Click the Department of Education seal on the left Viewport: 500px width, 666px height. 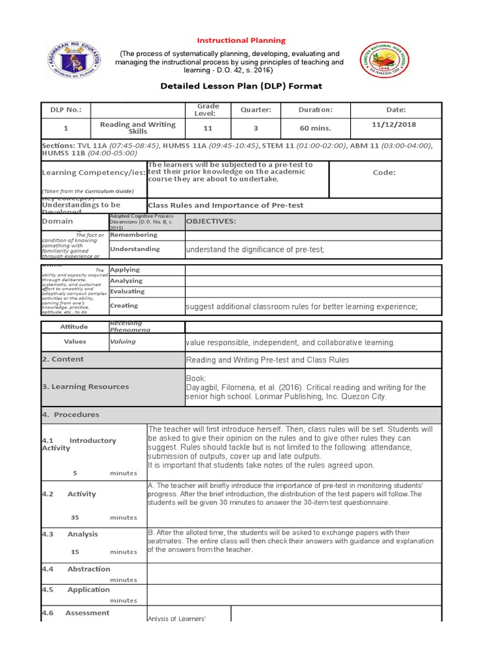[x=74, y=61]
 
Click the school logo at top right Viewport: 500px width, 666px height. [x=389, y=67]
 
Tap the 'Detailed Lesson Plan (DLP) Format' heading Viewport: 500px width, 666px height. [x=241, y=86]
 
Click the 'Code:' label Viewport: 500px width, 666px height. [x=384, y=173]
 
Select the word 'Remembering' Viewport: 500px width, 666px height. [x=133, y=235]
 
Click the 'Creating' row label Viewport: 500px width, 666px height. [x=124, y=306]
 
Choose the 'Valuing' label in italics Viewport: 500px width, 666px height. [x=123, y=341]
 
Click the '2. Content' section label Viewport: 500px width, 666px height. [x=62, y=359]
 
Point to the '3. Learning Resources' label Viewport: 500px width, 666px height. [x=85, y=386]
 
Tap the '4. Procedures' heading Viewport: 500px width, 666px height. [x=70, y=414]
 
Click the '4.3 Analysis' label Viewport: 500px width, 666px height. [x=70, y=534]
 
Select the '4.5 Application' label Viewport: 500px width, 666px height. [x=76, y=590]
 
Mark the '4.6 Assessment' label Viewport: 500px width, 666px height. [x=75, y=613]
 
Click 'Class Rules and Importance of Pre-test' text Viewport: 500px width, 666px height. [x=226, y=206]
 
